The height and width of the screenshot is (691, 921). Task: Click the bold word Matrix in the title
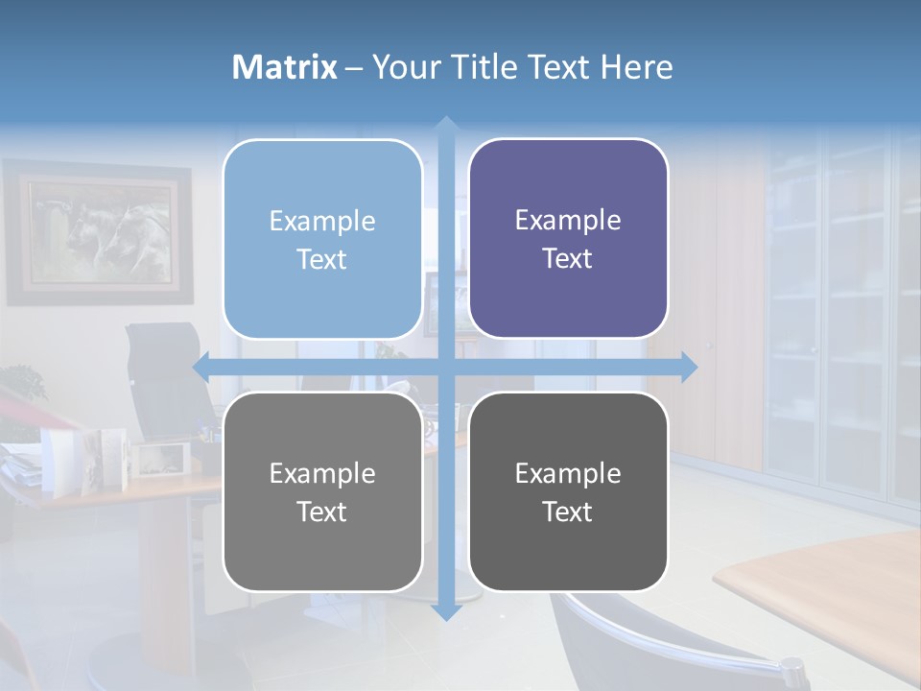[x=284, y=67]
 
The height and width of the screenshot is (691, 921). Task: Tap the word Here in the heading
[x=636, y=67]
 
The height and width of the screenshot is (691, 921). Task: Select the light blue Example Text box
[x=322, y=239]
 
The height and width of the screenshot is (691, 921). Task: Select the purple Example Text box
[x=568, y=239]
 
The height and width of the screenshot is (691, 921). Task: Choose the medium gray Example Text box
[x=322, y=491]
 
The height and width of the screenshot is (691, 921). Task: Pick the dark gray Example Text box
[x=568, y=491]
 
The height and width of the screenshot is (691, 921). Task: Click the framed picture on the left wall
[x=98, y=232]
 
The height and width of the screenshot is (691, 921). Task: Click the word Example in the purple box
[x=568, y=220]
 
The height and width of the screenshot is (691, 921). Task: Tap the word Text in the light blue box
[x=322, y=259]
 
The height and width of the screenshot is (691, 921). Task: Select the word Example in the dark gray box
[x=568, y=473]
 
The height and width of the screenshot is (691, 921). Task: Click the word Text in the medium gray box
[x=322, y=512]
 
